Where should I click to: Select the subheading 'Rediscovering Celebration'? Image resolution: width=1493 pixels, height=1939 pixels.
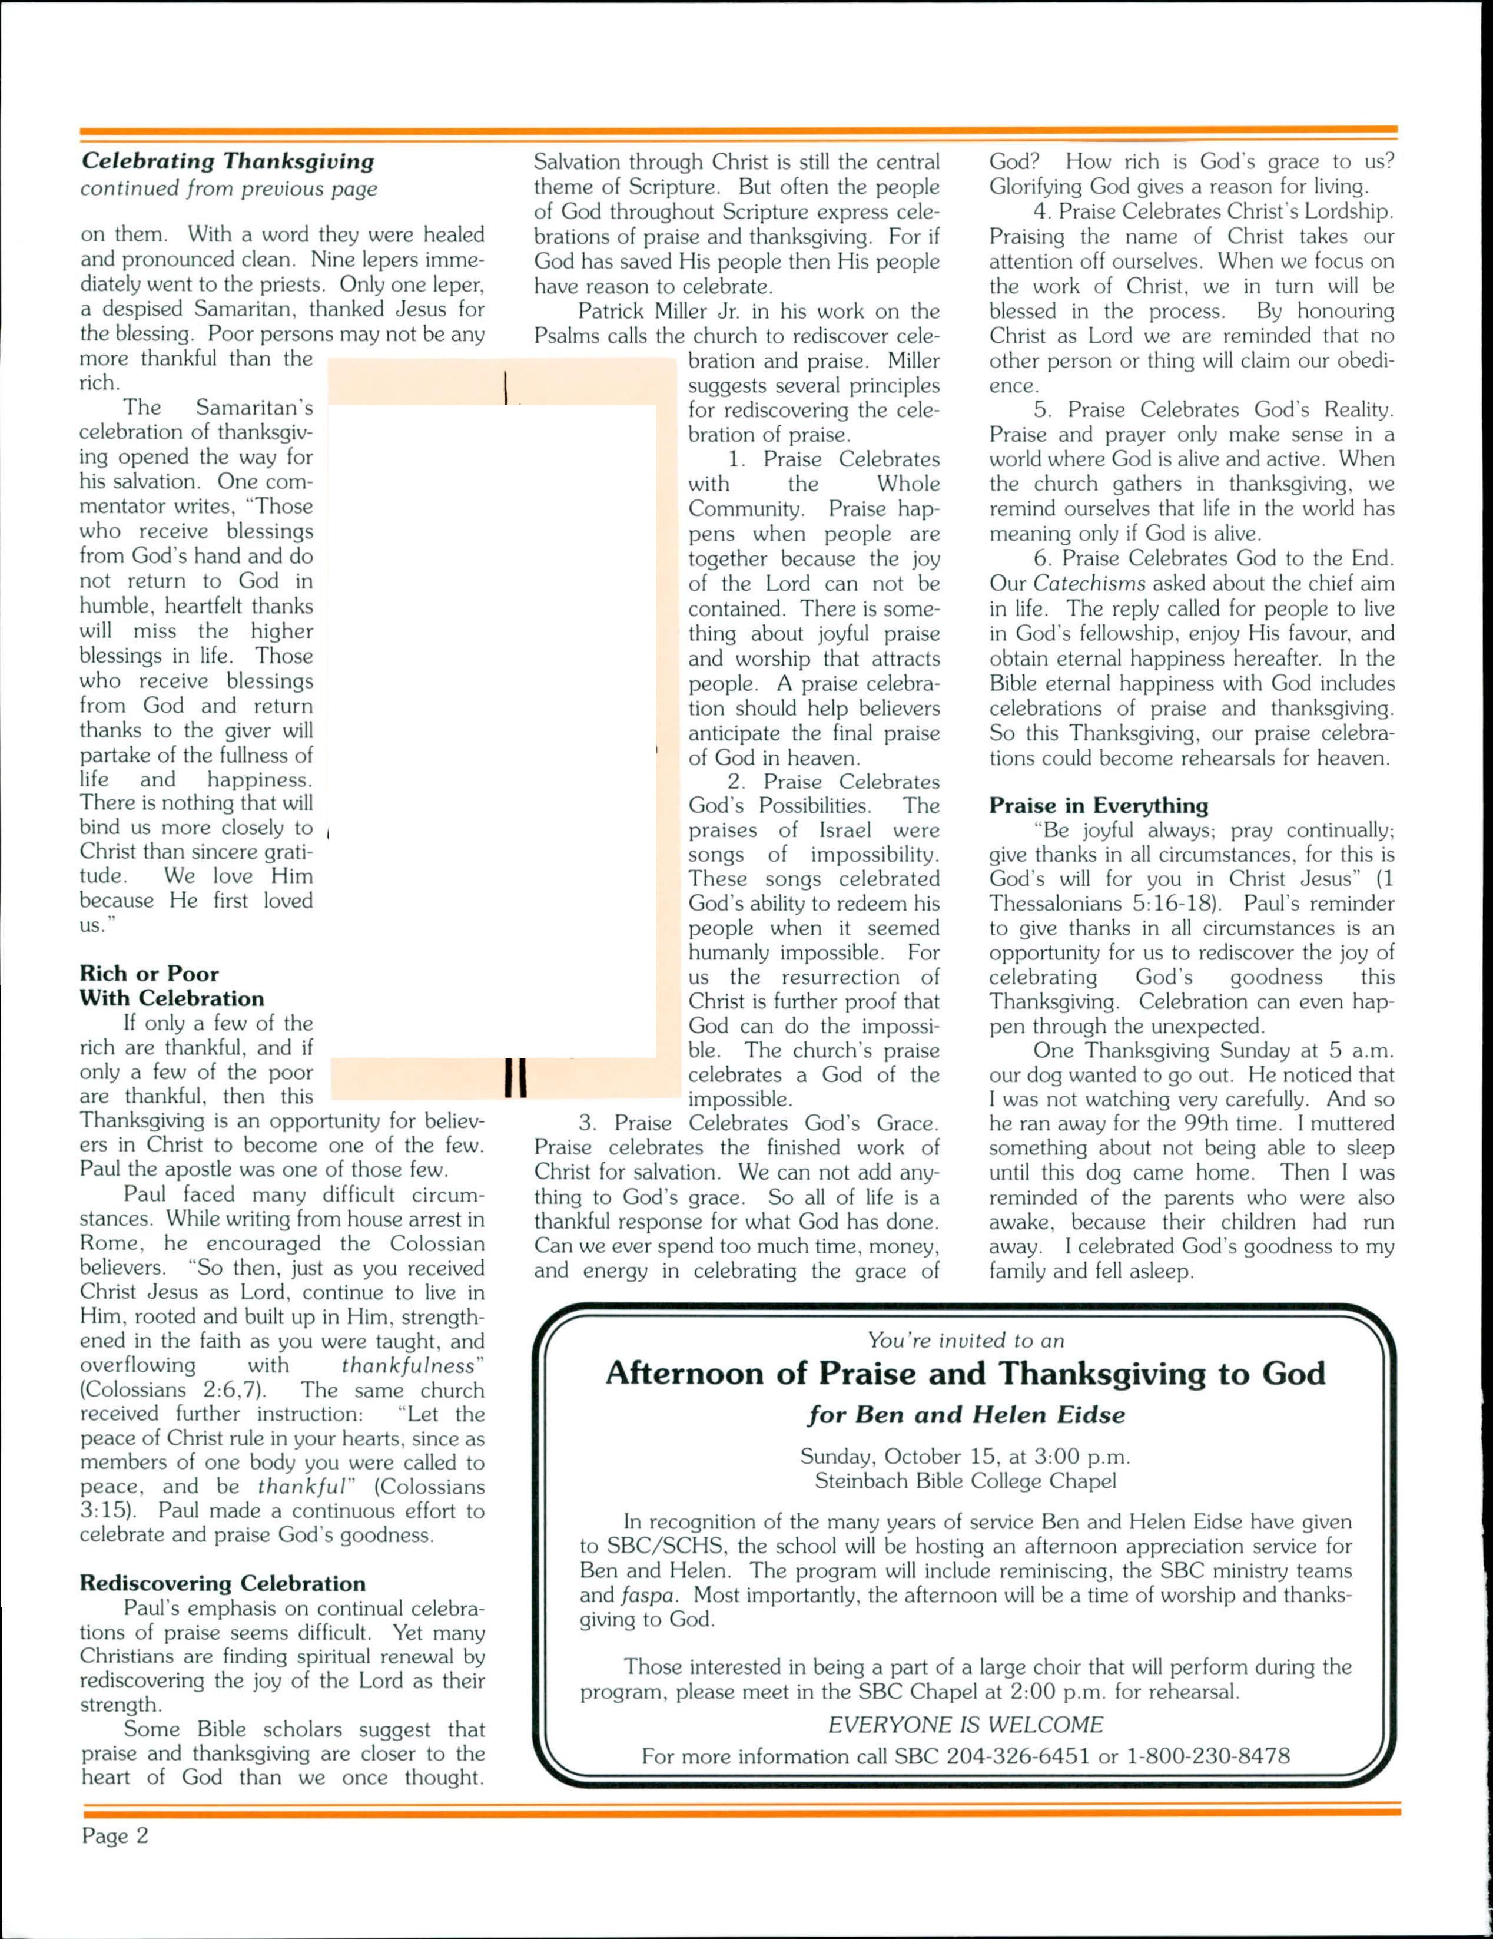pyautogui.click(x=222, y=1584)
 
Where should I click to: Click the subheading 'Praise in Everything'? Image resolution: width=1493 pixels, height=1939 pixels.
pyautogui.click(x=1099, y=805)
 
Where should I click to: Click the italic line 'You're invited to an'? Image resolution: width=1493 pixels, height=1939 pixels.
pyautogui.click(x=966, y=1341)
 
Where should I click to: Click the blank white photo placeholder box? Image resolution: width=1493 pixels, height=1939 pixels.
pyautogui.click(x=493, y=728)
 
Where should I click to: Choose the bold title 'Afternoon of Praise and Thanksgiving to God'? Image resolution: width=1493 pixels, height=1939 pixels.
pyautogui.click(x=965, y=1374)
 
